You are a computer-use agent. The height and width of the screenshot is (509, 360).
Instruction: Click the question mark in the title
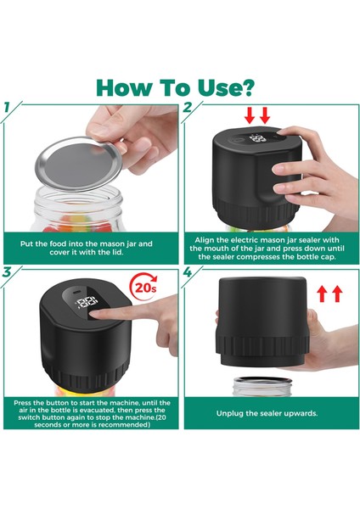(x=247, y=87)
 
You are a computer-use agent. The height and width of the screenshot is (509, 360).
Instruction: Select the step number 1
(x=7, y=108)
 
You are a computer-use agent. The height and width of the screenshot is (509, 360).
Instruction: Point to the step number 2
(x=187, y=108)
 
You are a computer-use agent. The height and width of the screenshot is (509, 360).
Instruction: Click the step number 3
(x=7, y=272)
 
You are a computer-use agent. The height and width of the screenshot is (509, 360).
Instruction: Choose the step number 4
(x=188, y=272)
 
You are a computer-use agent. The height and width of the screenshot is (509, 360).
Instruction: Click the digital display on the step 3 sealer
(x=87, y=302)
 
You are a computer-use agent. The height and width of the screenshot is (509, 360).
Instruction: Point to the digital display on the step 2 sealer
(x=257, y=140)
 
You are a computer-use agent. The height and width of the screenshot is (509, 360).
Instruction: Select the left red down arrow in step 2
(x=250, y=115)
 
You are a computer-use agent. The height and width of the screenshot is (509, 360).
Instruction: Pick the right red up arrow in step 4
(x=338, y=294)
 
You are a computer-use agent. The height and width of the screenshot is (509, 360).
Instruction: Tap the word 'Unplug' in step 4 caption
(x=230, y=414)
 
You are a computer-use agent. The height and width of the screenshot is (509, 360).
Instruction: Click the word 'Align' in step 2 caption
(x=204, y=240)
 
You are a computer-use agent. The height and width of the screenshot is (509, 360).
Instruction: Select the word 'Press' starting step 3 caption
(x=22, y=403)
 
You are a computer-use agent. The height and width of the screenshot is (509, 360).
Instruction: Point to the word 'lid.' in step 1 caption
(x=116, y=252)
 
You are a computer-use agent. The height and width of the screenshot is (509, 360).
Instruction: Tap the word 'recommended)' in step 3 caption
(x=125, y=425)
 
